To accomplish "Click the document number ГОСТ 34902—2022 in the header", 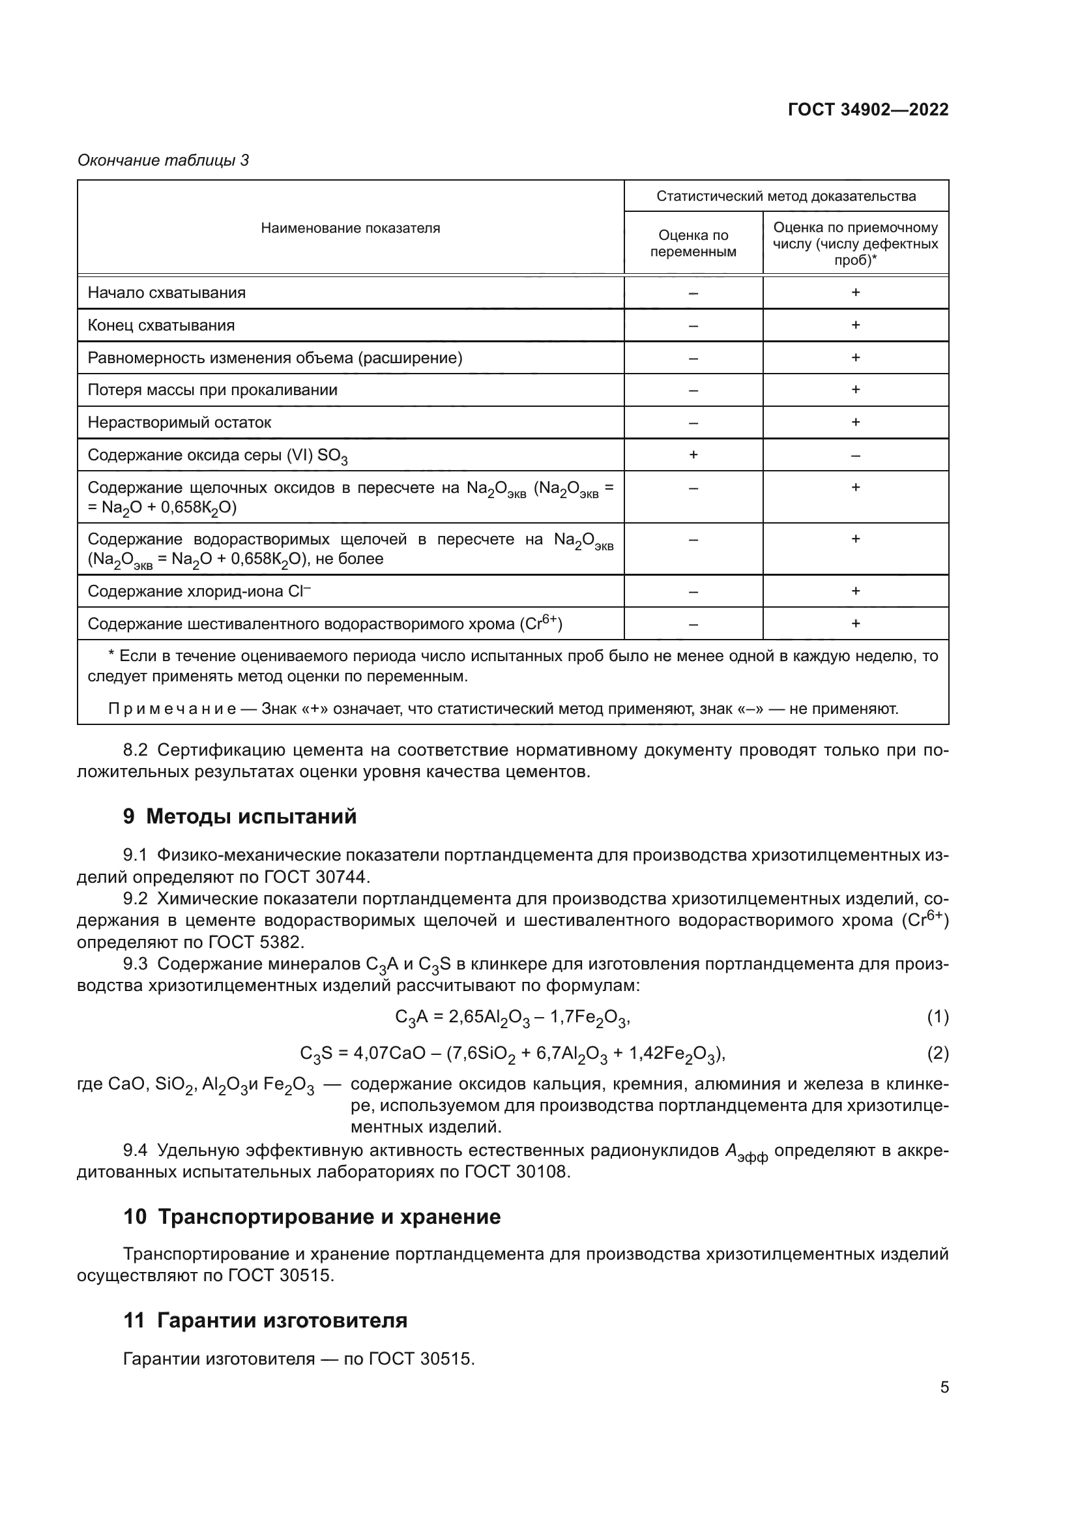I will coord(867,110).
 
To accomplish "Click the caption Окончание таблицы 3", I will coord(164,160).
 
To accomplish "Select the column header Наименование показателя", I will coord(350,228).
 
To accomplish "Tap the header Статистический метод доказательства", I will coord(786,196).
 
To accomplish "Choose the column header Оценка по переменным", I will coord(693,243).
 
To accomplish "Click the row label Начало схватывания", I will coord(167,293).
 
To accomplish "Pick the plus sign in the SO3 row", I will coord(693,455).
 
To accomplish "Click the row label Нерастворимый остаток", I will coord(179,422).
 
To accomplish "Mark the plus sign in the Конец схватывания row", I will coord(855,325).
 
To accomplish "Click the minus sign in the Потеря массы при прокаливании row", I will coord(693,391).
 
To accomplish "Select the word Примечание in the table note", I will coord(172,709).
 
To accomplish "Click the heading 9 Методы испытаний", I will coord(240,816).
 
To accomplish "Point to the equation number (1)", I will coord(937,1017).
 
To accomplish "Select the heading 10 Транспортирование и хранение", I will coord(312,1217).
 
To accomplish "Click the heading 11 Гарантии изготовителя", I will coord(265,1320).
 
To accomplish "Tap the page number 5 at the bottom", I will coord(944,1387).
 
